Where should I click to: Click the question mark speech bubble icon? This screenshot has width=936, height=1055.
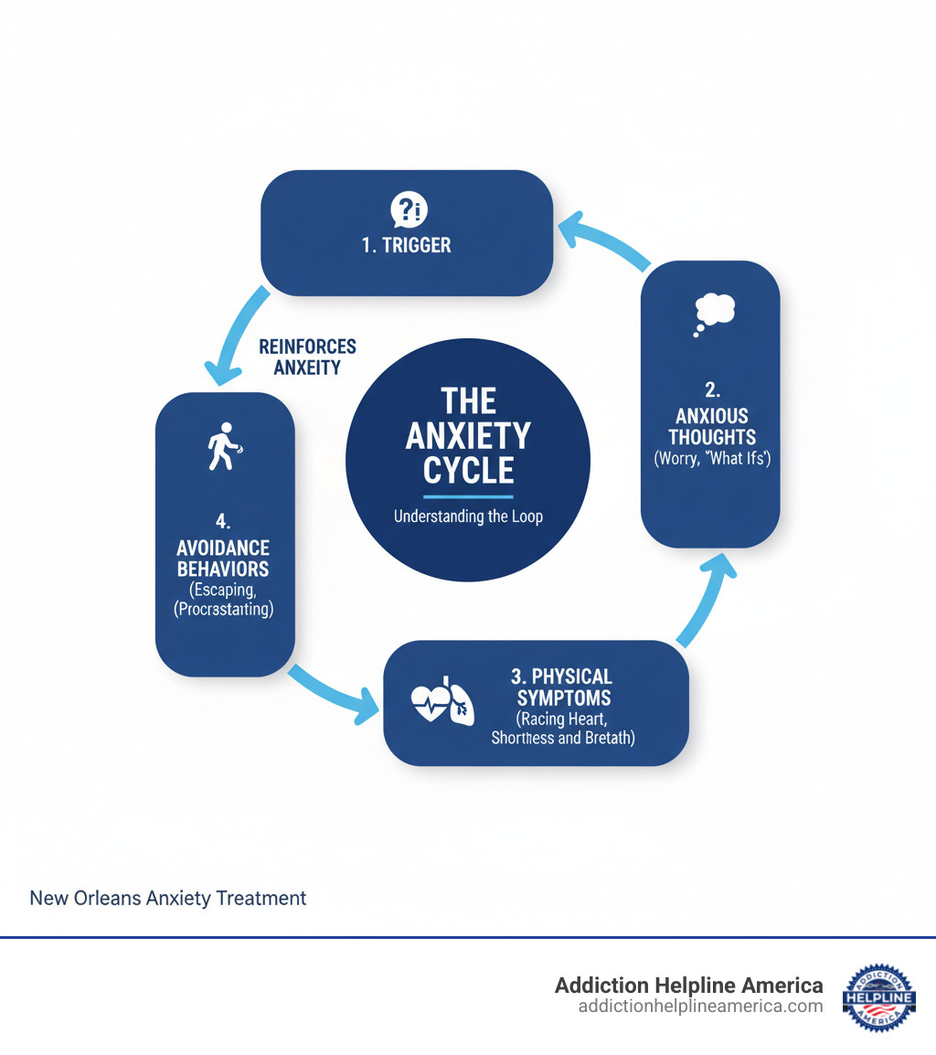click(407, 210)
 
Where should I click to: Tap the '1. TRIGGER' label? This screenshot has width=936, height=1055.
click(407, 245)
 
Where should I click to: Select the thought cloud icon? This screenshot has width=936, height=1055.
click(713, 312)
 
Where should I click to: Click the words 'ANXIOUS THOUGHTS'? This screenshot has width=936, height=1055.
click(711, 427)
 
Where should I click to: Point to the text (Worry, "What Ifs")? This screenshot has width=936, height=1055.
click(712, 459)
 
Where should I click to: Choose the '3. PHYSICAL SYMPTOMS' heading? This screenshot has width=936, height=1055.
click(561, 687)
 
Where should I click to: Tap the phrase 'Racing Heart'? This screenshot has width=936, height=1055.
click(561, 719)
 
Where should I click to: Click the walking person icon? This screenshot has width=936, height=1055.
click(224, 446)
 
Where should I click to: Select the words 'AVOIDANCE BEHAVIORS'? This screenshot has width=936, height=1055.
click(224, 559)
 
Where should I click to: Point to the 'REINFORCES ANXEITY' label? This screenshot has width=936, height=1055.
click(307, 357)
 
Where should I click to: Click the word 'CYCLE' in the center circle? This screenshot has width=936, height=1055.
click(468, 471)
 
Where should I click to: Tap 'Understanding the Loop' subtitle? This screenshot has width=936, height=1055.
click(468, 517)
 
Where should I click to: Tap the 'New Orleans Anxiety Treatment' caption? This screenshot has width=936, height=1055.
click(168, 898)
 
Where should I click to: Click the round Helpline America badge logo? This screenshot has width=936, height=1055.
click(877, 996)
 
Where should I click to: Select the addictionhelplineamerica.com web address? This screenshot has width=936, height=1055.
click(700, 1007)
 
